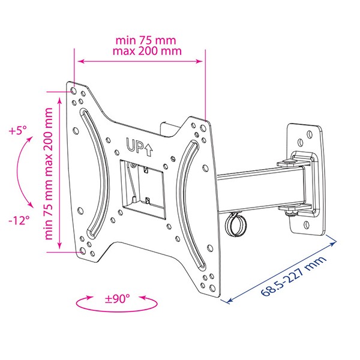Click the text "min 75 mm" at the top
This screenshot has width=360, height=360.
(x=146, y=40)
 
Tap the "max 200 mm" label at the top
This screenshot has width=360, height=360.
(x=147, y=51)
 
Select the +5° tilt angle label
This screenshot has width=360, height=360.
(x=18, y=131)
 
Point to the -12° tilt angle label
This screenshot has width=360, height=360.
(x=19, y=221)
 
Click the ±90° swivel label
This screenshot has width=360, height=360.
(x=117, y=298)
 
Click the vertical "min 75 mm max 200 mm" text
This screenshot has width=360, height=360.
(x=49, y=174)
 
